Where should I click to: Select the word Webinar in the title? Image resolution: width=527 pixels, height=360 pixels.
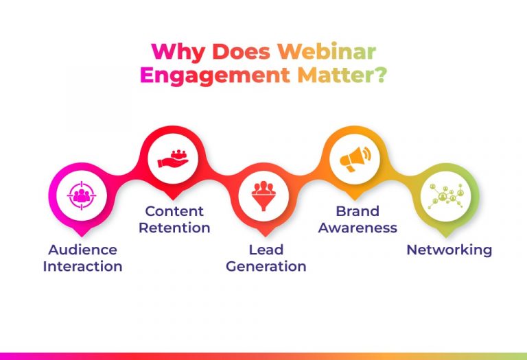327,51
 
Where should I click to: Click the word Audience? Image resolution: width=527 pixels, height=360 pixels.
82,250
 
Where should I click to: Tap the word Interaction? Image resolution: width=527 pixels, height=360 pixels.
82,266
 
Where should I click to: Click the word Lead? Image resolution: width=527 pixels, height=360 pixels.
266,250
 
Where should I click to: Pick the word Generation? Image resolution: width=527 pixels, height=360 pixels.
266,266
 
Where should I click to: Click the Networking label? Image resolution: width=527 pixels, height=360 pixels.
449,250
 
